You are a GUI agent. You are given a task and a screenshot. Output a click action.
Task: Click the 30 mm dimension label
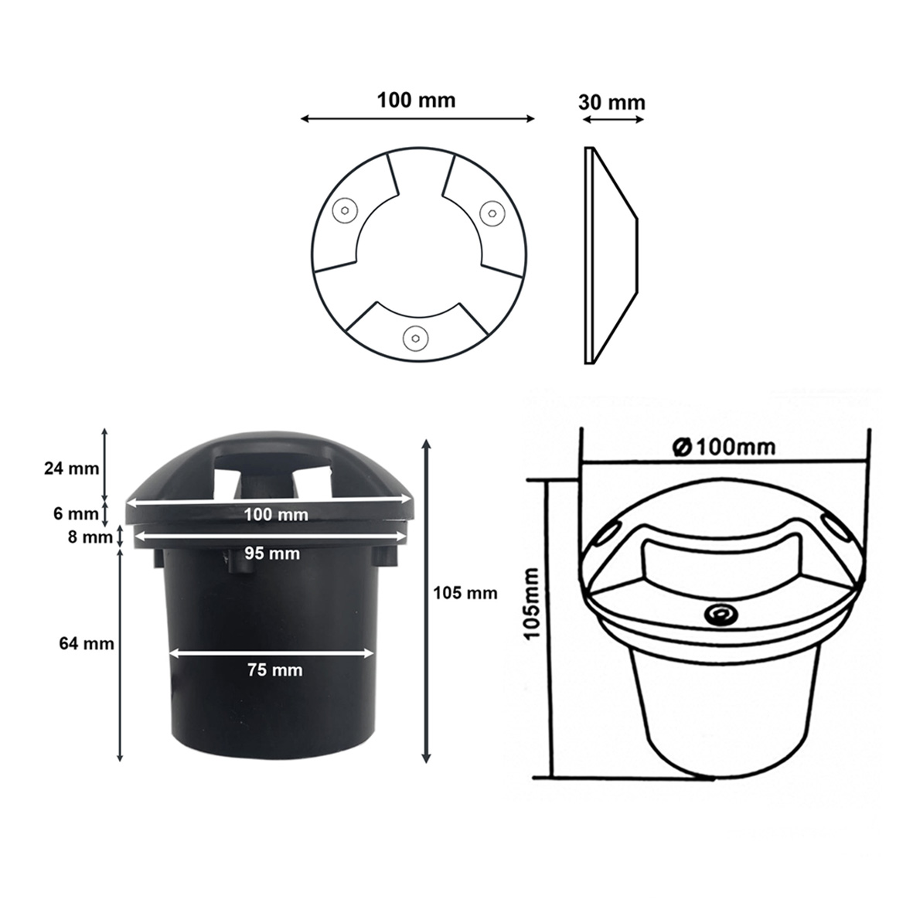point(612,103)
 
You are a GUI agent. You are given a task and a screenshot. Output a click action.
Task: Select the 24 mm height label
point(72,468)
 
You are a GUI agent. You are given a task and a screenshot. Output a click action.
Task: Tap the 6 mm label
point(76,513)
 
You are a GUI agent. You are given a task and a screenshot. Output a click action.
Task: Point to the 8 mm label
point(90,537)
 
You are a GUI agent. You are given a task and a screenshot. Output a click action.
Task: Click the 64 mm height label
point(86,643)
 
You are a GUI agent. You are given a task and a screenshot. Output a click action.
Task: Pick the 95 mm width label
point(272,553)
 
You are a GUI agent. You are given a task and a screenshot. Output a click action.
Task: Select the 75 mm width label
point(275,669)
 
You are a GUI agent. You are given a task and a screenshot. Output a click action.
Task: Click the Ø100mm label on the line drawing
point(724,447)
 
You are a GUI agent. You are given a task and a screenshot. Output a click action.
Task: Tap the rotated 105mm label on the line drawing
point(533,604)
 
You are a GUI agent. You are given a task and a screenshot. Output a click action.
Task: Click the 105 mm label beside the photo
point(465,593)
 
